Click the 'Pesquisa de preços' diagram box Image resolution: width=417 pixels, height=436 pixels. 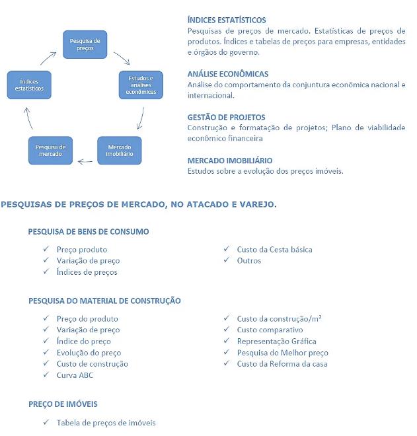pos(85,44)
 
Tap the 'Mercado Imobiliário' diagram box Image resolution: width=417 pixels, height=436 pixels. pos(120,149)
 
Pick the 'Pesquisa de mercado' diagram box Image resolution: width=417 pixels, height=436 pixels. pos(50,149)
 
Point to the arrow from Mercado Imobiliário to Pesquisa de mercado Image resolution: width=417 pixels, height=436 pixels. pos(85,161)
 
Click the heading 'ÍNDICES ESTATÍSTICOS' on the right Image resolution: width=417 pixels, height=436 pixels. pos(227,20)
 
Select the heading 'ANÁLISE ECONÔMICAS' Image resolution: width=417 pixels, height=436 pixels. pos(227,74)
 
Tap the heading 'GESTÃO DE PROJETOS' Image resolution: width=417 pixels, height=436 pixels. pos(226,117)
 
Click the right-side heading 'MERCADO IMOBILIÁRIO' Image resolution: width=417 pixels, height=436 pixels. pos(229,160)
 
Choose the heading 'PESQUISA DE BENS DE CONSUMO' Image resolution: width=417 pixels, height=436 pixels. pos(88,232)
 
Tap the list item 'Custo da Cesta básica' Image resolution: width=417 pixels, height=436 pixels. pos(274,250)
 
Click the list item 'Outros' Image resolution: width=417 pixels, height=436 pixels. pos(249,260)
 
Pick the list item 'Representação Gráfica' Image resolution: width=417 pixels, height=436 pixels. pos(276,341)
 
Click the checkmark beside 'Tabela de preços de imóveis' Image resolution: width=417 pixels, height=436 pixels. pos(46,422)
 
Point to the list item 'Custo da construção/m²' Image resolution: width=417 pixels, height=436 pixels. pos(279,318)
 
